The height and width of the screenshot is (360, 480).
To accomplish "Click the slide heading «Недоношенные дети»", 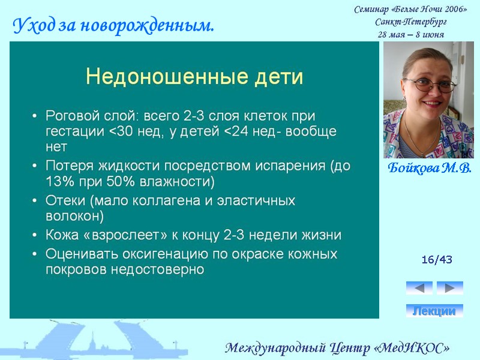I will click(x=194, y=77).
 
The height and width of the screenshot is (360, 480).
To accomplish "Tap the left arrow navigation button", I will click(x=419, y=288).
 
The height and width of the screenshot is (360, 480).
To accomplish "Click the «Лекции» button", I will click(x=434, y=311).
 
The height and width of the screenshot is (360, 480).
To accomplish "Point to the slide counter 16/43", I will click(x=437, y=260).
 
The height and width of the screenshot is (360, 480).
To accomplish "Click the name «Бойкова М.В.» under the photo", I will click(x=429, y=167).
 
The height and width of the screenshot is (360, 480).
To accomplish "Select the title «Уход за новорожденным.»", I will click(x=114, y=26).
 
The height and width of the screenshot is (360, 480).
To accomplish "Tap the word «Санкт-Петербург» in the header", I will click(x=410, y=22).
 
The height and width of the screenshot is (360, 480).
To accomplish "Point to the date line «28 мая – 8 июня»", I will click(x=410, y=34).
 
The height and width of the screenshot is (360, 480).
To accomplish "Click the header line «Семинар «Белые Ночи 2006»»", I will click(x=410, y=9).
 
